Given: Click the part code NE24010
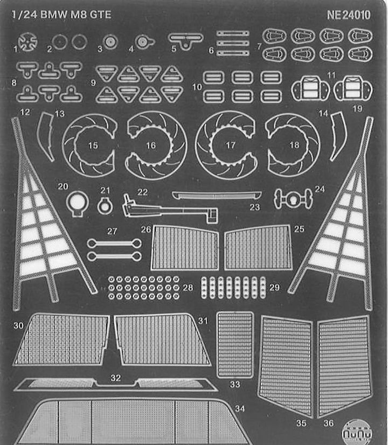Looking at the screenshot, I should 349,15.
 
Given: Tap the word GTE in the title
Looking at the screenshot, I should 101,15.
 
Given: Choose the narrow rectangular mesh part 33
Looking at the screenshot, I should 235,344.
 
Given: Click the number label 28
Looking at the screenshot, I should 188,288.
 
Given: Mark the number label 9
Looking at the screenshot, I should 93,83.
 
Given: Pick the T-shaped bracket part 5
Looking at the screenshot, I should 186,38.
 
